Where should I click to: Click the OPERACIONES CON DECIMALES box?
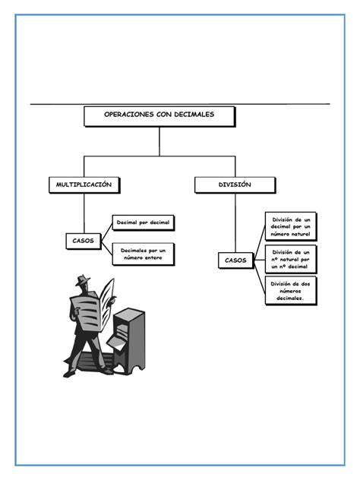pos(159,115)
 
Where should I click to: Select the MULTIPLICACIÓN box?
pos(84,185)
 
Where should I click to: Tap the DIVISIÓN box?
pos(235,185)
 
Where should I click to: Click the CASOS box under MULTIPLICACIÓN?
pos(84,241)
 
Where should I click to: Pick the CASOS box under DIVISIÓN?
pos(235,260)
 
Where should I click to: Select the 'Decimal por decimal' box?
pos(143,223)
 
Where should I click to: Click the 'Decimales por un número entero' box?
pos(143,254)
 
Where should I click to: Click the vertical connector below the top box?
pos(159,141)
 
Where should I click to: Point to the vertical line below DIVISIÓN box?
pos(235,220)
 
